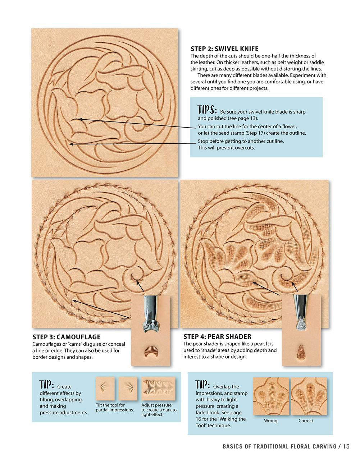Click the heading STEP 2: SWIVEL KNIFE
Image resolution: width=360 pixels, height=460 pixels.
224,49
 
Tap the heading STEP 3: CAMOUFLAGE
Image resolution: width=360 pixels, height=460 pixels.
67,337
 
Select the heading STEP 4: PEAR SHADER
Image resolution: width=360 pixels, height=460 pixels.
217,337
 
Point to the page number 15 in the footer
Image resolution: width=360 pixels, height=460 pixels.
346,446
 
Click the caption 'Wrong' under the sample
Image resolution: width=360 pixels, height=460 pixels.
270,421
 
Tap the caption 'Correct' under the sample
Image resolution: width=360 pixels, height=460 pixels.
306,421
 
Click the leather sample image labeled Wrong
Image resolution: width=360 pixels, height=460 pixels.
271,396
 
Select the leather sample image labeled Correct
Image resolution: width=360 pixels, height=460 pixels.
308,396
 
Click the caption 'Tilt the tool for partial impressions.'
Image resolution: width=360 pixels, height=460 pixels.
115,408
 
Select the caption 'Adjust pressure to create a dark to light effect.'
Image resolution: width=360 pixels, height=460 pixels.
159,410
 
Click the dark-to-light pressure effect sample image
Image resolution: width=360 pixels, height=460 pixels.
158,388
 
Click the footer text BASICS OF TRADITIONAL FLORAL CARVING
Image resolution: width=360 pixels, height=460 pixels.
279,446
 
